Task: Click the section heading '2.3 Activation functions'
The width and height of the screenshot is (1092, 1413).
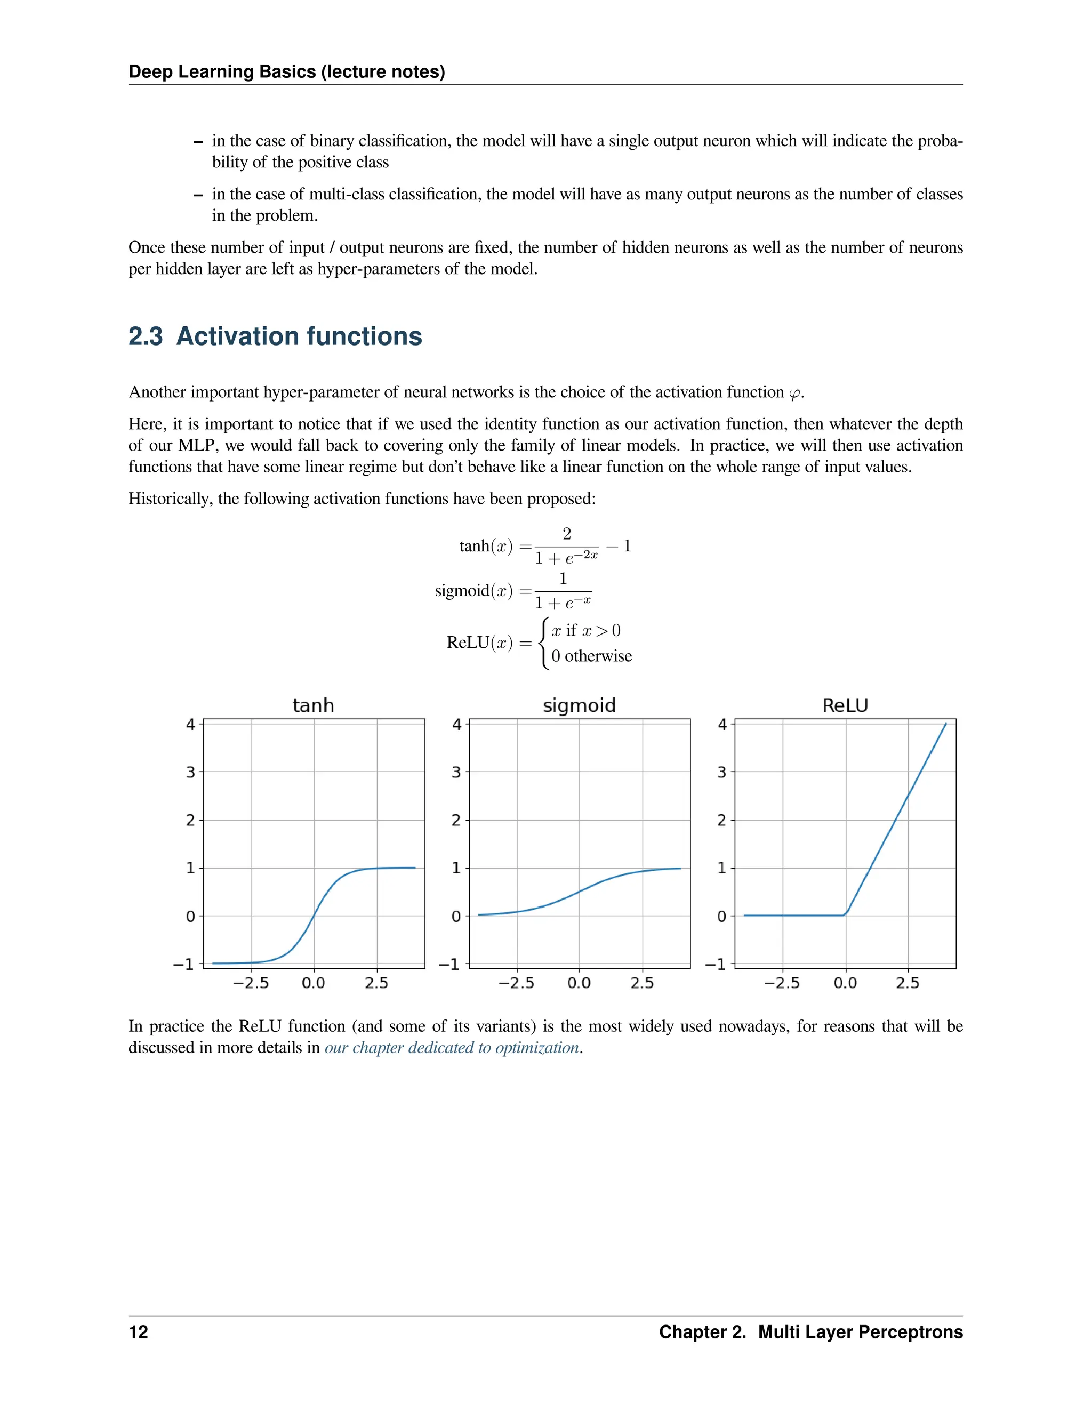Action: (x=275, y=336)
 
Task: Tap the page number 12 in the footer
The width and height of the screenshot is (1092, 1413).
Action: (x=139, y=1331)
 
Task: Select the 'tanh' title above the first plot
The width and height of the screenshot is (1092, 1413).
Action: (x=313, y=705)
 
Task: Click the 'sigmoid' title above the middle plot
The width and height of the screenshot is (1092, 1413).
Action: (x=579, y=705)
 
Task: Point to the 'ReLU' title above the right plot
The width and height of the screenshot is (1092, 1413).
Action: (x=845, y=705)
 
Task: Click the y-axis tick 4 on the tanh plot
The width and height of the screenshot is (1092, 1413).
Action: (x=190, y=724)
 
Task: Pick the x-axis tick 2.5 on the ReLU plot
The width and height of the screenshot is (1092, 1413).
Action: (x=907, y=983)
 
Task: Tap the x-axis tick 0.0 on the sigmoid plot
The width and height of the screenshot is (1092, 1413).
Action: (x=579, y=983)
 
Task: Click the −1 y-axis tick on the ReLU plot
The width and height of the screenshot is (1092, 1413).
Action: (x=715, y=964)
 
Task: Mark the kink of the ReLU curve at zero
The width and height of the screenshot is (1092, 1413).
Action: (x=845, y=915)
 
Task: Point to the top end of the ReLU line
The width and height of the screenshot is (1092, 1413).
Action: (x=946, y=724)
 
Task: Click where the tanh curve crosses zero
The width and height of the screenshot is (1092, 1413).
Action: (x=314, y=916)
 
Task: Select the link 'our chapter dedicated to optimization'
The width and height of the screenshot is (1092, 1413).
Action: (x=451, y=1047)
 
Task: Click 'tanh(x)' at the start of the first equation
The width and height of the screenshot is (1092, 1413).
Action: (x=485, y=546)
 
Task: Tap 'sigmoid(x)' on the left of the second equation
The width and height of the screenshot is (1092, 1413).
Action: (x=473, y=591)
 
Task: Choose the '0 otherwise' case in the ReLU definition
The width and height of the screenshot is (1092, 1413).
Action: (x=591, y=656)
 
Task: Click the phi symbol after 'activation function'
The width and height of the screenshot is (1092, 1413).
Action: (x=794, y=393)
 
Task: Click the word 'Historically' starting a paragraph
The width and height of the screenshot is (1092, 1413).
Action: (x=169, y=499)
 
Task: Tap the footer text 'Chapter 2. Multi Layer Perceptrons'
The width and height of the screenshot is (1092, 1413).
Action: (x=810, y=1331)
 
